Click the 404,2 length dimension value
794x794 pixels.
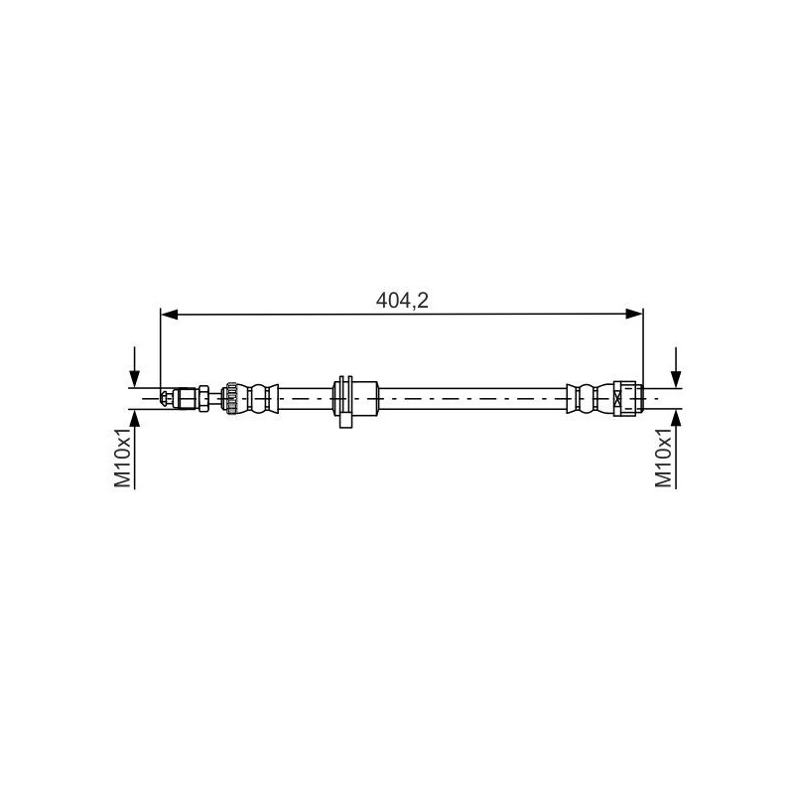point(402,301)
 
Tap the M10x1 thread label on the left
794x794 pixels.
point(123,458)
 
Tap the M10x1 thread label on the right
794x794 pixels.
point(663,458)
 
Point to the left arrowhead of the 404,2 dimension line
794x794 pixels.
point(169,315)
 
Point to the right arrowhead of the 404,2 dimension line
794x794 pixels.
point(634,314)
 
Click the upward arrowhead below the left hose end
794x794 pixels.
point(134,418)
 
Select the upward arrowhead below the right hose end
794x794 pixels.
point(676,418)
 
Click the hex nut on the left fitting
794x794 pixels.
point(203,399)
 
